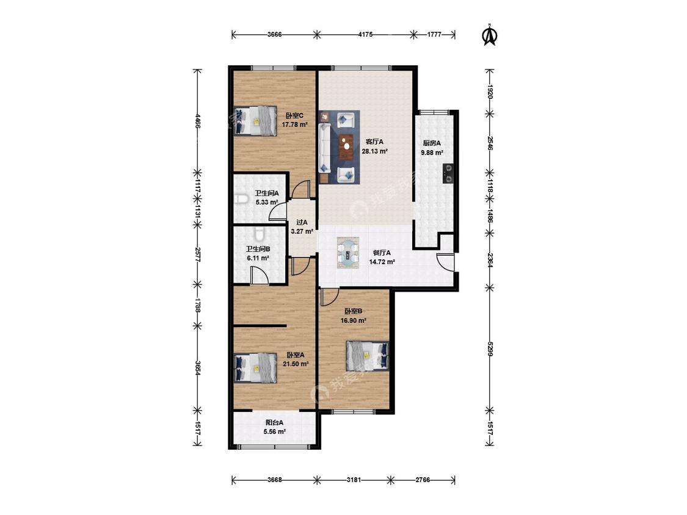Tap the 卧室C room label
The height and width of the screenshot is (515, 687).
tap(294, 115)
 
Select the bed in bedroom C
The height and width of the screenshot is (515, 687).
tap(255, 120)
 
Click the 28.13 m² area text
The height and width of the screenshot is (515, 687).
tap(374, 151)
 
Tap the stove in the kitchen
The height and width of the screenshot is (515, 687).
tap(448, 173)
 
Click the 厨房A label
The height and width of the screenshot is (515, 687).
tap(432, 143)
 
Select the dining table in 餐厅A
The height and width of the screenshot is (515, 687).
tap(348, 253)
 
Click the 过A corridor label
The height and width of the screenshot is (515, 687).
tap(302, 223)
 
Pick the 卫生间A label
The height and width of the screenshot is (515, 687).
tap(267, 193)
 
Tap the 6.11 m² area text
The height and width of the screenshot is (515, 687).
tap(258, 258)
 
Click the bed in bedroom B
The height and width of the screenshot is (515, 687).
tap(367, 356)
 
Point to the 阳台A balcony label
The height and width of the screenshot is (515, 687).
tap(275, 423)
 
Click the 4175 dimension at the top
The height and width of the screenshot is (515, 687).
tap(365, 35)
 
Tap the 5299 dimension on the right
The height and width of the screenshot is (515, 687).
tap(490, 348)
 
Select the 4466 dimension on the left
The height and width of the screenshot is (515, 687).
tap(198, 120)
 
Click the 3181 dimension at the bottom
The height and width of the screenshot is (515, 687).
tap(354, 480)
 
